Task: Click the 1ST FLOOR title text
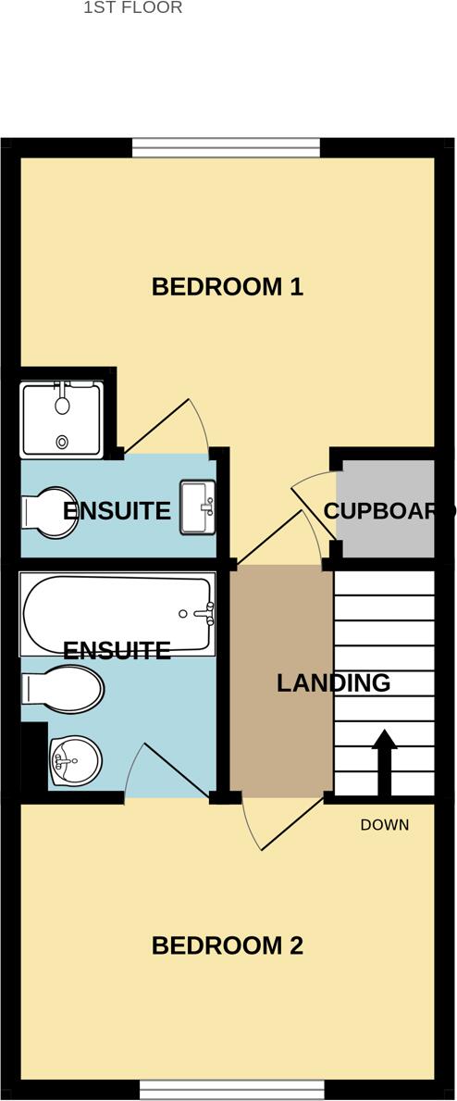click(132, 7)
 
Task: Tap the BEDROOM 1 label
click(227, 287)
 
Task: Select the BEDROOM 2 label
click(227, 945)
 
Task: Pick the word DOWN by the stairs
click(384, 825)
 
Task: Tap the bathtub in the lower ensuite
click(111, 614)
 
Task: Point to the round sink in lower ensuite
click(73, 761)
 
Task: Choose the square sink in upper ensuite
click(196, 507)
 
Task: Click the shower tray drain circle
click(63, 443)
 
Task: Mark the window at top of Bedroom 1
click(226, 148)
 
